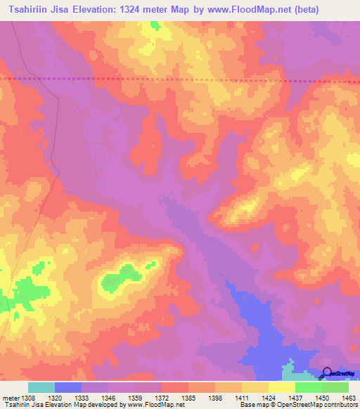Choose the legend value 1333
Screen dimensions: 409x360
[82, 397]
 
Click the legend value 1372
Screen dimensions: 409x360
[162, 397]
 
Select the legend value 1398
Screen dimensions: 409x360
[215, 397]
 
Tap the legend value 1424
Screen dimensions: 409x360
[268, 397]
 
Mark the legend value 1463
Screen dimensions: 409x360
[348, 397]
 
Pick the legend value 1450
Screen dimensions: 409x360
[321, 397]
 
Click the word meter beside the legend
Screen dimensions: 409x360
[11, 397]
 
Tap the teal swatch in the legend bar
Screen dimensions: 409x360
[41, 387]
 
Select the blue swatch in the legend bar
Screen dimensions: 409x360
[68, 387]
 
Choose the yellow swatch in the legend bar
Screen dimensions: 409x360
[281, 387]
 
